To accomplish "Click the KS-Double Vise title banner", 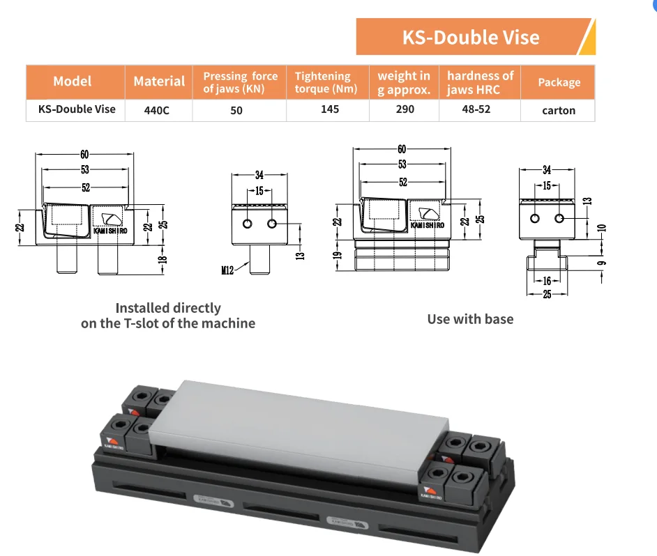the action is [476, 37].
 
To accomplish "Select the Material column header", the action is [159, 82].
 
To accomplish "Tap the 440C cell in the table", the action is [157, 111].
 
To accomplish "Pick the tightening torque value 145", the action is [330, 109].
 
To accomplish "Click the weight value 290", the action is [405, 109].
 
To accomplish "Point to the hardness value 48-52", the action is [476, 109].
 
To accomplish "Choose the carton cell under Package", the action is [559, 111].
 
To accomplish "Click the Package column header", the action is [559, 82].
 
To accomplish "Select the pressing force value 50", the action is [236, 111].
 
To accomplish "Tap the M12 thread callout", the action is [227, 270].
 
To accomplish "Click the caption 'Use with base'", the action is [470, 319].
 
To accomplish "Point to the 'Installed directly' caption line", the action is [168, 308].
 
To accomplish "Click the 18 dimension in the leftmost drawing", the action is [163, 260].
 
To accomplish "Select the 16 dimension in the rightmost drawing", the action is [547, 281].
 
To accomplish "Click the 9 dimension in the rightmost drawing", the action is [602, 263].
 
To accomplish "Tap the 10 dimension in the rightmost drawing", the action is [602, 228].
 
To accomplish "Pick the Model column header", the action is [72, 82].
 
